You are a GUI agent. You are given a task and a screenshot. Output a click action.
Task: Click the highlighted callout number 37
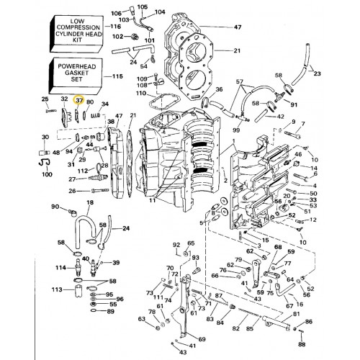(81, 102)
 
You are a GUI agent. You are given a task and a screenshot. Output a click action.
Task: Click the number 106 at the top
(117, 13)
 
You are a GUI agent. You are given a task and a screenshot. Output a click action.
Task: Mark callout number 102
(117, 35)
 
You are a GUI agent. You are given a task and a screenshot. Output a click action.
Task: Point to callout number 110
(142, 93)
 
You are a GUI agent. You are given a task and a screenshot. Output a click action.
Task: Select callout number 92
(176, 246)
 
